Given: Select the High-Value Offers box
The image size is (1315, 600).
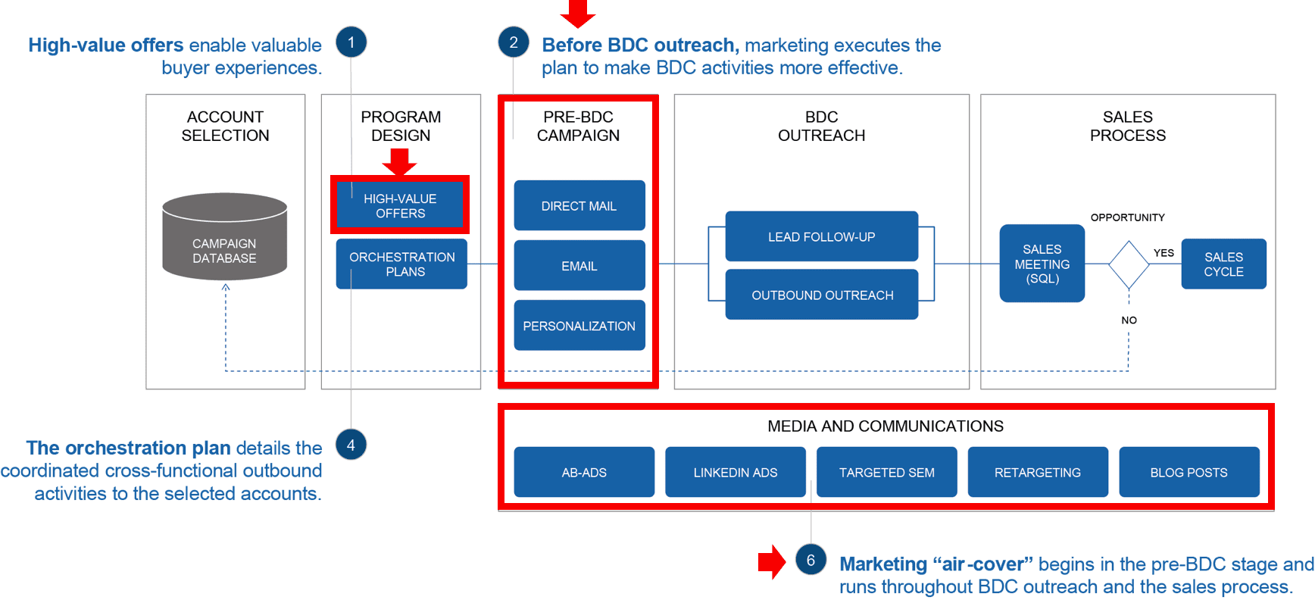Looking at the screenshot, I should (x=400, y=205).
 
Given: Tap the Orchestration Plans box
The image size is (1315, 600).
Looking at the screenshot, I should (x=401, y=264).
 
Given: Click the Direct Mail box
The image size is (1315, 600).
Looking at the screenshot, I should (x=579, y=205).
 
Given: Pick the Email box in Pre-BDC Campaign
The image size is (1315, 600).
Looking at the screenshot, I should (x=579, y=266).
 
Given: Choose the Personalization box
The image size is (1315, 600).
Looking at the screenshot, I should (x=579, y=326).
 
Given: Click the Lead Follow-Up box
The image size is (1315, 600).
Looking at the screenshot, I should (x=821, y=236).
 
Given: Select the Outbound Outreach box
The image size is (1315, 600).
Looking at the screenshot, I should (x=822, y=295).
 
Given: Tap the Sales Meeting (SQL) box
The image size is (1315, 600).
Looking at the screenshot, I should (x=1042, y=264).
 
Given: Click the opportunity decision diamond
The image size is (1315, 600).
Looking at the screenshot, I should (x=1129, y=264).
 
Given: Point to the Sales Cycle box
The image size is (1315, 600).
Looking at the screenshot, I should (x=1223, y=264).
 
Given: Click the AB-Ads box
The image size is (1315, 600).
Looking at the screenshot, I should (x=584, y=472).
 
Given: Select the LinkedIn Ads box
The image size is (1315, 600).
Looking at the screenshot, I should (x=735, y=472).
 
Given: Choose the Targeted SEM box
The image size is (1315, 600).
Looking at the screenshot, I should (x=886, y=472).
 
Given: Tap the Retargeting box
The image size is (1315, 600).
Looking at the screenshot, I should (x=1037, y=472).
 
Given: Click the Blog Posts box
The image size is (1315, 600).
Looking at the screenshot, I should (x=1188, y=472).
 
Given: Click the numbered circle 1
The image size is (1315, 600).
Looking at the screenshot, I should (x=351, y=42).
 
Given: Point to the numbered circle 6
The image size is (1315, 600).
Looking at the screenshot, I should (x=811, y=560).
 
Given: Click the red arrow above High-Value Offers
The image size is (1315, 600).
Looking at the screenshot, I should (x=399, y=161).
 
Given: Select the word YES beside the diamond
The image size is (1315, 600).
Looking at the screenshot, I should (x=1164, y=253).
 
